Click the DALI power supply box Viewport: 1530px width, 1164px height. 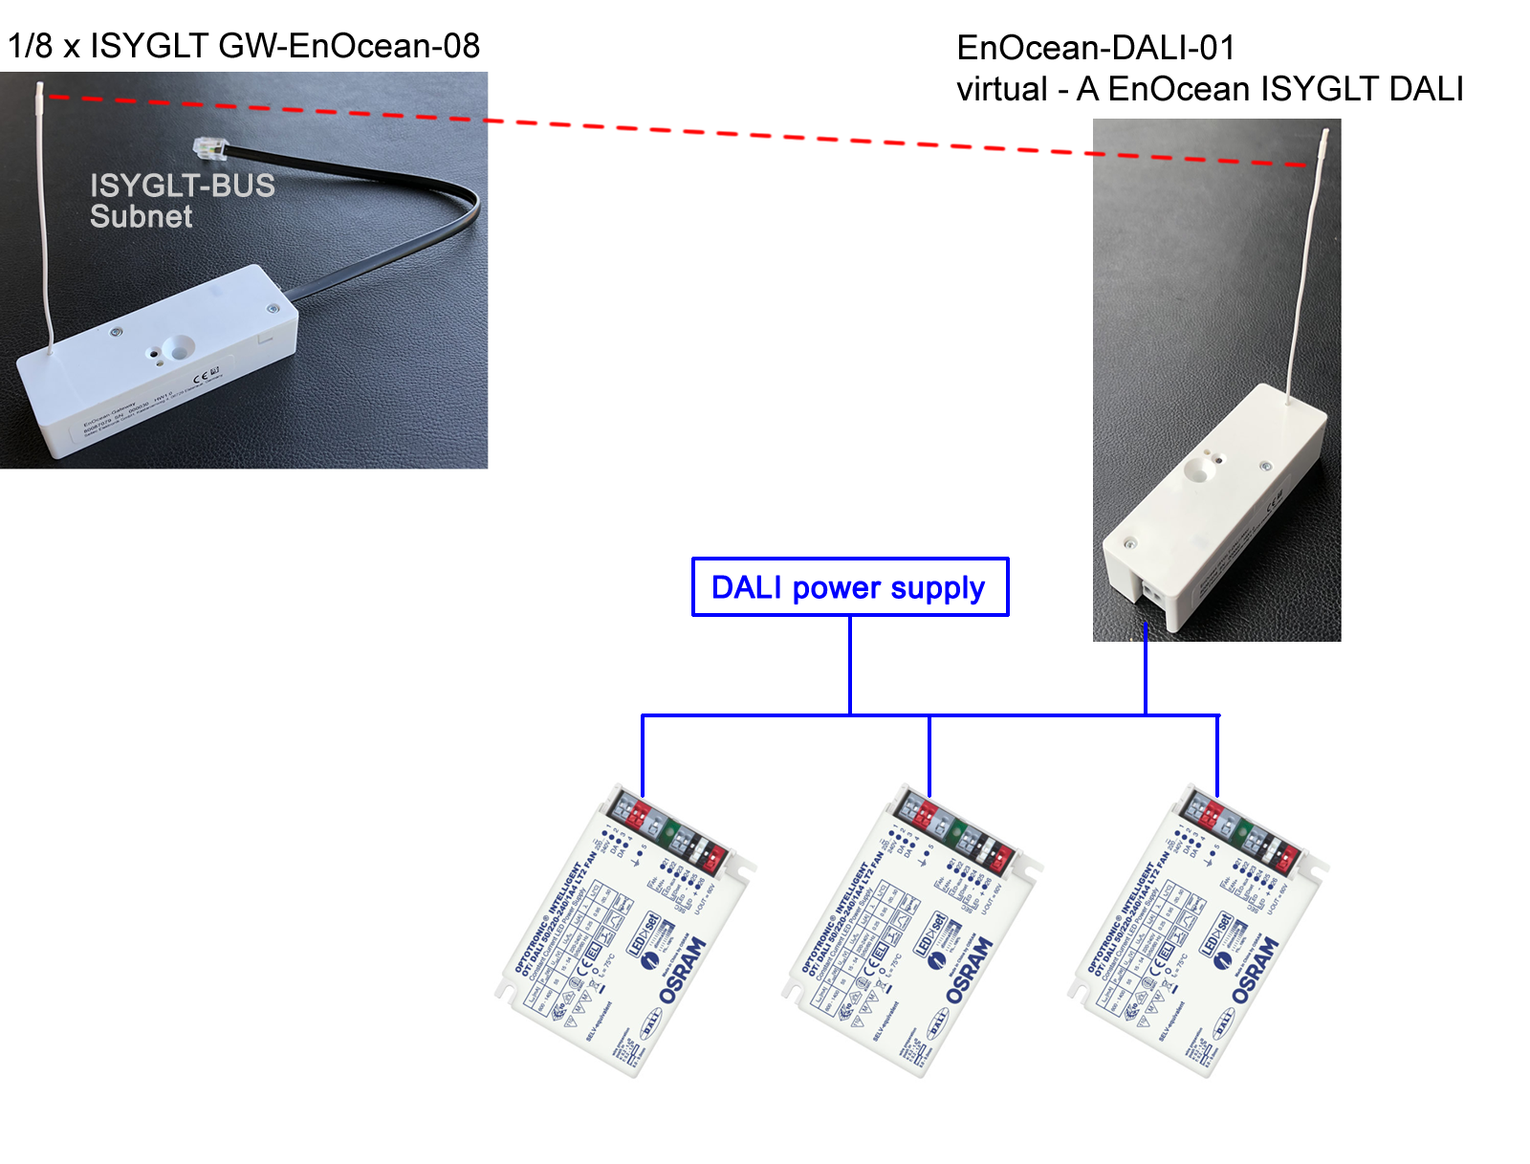click(x=850, y=587)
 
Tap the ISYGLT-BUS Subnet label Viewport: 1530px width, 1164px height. click(x=182, y=201)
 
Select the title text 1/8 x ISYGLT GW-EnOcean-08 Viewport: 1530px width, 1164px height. click(x=244, y=46)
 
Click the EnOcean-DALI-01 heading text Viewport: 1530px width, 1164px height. click(x=1096, y=48)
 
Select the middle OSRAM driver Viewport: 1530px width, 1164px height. click(x=913, y=933)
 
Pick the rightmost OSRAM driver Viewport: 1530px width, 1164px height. click(x=1198, y=933)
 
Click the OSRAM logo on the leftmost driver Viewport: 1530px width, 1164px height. click(x=683, y=970)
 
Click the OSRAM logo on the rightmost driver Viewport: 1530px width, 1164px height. click(x=1255, y=970)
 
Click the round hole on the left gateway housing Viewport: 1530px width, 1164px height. click(x=177, y=347)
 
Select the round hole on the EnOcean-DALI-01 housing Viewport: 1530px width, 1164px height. click(x=1196, y=469)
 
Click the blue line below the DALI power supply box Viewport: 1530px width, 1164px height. click(x=850, y=665)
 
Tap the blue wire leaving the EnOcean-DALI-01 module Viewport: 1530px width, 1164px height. click(x=1146, y=670)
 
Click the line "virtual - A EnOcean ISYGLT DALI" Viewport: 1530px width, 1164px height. click(x=1210, y=89)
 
